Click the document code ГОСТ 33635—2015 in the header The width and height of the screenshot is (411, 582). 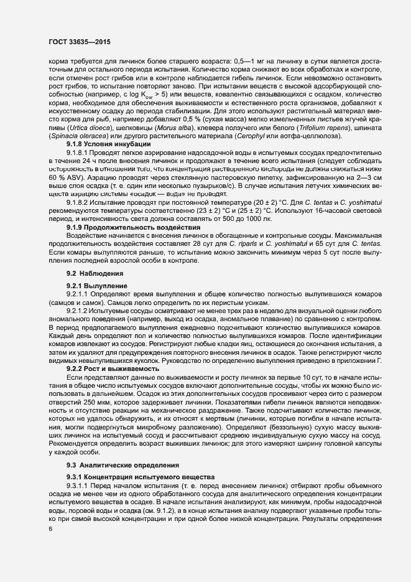[x=76, y=43]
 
